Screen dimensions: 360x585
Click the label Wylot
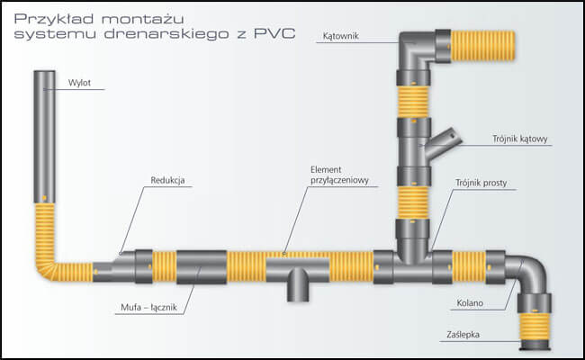coord(81,84)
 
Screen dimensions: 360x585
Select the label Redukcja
coord(167,181)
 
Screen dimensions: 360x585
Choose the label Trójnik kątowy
coord(520,139)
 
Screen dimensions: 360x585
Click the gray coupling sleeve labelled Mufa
coord(201,267)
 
